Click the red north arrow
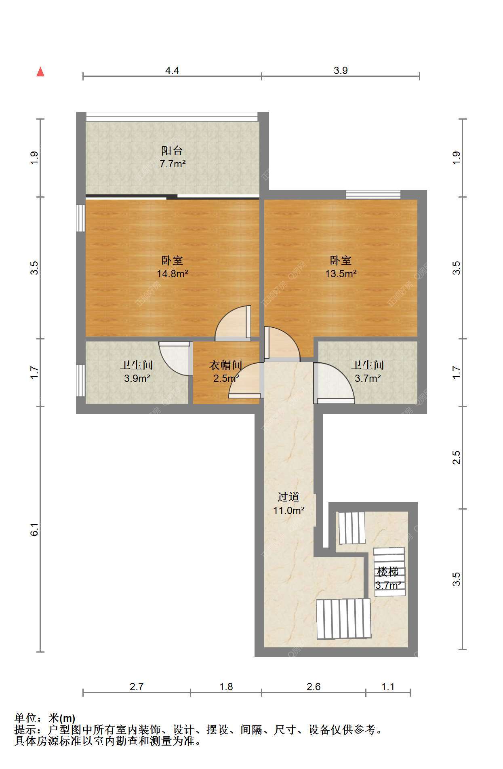tap(40, 72)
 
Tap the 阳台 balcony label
tap(172, 151)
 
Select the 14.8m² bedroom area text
tap(173, 274)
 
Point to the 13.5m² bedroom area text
tap(341, 274)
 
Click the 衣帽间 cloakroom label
tap(226, 365)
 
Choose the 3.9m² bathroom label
tap(137, 379)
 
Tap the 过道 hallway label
tap(288, 497)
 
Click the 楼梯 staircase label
tap(388, 572)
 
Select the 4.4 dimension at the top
tap(172, 71)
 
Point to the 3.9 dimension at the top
tap(341, 71)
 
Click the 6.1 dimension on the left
tap(35, 529)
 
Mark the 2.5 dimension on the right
tap(456, 457)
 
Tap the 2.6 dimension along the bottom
tap(314, 687)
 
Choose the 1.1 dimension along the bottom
tap(388, 687)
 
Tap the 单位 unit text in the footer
tap(25, 718)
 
